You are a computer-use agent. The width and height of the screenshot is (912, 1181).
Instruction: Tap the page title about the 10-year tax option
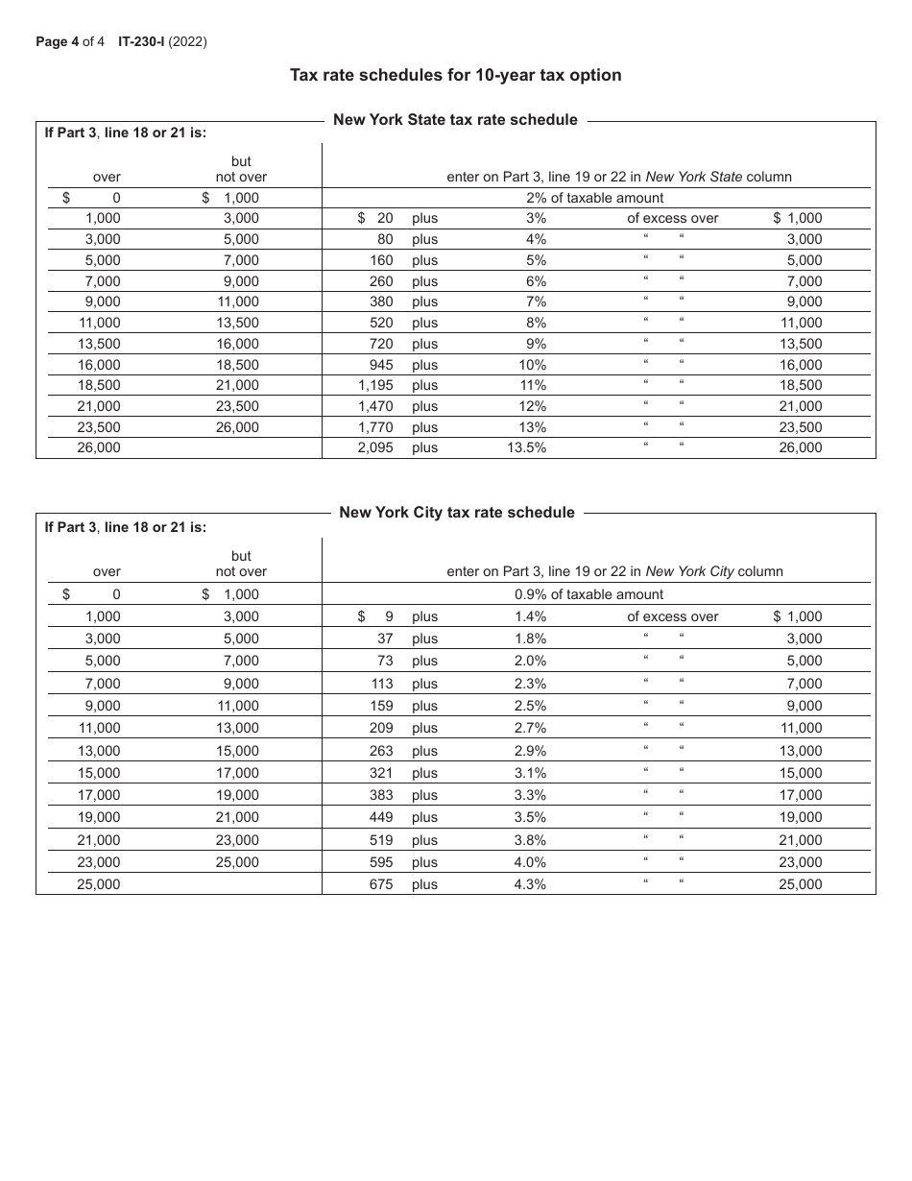(456, 75)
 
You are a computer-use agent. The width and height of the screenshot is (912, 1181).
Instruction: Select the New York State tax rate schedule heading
(455, 120)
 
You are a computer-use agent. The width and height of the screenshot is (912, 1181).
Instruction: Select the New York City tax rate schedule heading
(457, 513)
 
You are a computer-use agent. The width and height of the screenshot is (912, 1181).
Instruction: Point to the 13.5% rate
(526, 447)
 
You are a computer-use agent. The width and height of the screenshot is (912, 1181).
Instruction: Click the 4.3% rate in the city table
(530, 884)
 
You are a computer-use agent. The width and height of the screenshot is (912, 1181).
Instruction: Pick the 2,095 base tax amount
(375, 447)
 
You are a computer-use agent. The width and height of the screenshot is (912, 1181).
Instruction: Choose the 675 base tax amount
(381, 884)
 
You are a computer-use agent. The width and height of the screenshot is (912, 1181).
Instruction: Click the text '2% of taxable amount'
(594, 198)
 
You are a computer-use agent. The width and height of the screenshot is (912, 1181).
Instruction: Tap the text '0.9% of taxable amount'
(588, 594)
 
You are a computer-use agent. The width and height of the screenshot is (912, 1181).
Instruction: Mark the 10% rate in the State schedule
(532, 365)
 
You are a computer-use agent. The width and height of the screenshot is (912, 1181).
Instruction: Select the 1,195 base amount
(375, 385)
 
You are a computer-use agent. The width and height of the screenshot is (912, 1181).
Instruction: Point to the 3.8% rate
(530, 840)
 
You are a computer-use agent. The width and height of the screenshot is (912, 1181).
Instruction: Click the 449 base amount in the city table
(381, 817)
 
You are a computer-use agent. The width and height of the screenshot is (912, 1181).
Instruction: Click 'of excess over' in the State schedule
(672, 218)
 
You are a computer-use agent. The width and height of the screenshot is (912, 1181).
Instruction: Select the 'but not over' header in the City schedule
(241, 564)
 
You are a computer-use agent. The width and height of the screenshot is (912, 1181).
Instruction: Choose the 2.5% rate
(530, 706)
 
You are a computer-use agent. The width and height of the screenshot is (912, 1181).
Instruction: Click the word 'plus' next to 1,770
(424, 427)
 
